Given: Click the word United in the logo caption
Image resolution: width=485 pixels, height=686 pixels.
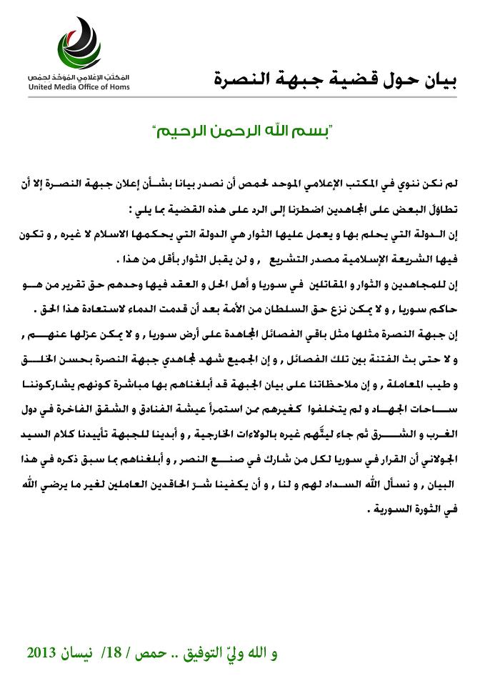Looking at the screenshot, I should click(x=43, y=87).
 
